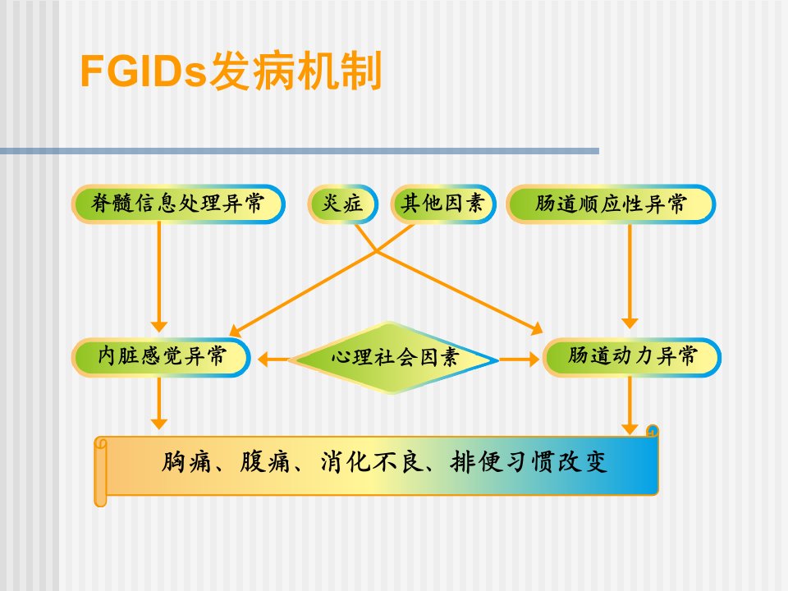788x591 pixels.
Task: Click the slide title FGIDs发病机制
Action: click(x=231, y=71)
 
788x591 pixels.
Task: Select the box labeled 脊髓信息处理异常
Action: click(x=178, y=204)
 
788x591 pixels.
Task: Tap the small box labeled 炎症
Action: click(x=343, y=204)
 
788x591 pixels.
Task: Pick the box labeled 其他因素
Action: click(x=443, y=204)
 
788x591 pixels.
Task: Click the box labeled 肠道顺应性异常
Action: click(x=611, y=204)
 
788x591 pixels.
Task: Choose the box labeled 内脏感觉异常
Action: click(x=161, y=357)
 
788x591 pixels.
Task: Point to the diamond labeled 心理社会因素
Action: click(x=393, y=358)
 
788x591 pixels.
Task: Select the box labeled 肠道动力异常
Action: click(x=632, y=357)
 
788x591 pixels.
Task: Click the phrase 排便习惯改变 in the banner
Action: click(x=529, y=462)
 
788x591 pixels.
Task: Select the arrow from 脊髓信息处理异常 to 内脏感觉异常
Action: click(x=158, y=277)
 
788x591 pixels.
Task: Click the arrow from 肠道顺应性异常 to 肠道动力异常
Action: click(x=630, y=276)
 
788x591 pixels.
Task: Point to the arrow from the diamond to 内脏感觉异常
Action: click(x=273, y=360)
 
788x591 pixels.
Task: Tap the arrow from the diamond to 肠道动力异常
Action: click(x=519, y=360)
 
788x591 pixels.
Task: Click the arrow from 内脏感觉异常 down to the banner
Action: click(x=158, y=403)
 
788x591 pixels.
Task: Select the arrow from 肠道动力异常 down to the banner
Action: click(x=630, y=405)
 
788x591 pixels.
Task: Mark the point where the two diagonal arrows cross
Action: click(x=376, y=251)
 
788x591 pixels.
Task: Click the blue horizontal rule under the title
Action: click(x=300, y=151)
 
